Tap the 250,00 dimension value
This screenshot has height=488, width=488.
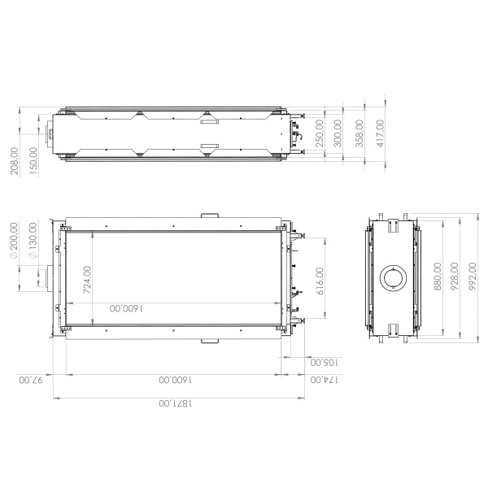click(320, 131)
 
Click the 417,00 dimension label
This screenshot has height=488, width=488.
click(380, 131)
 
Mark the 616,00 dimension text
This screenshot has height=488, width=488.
click(319, 282)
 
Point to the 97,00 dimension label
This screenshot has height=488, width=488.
click(29, 380)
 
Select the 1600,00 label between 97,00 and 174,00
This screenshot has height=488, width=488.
click(172, 380)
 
